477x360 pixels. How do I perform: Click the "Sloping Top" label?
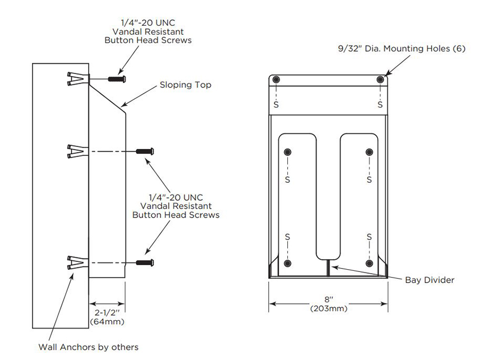coord(185,85)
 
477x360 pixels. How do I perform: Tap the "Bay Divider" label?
coord(429,280)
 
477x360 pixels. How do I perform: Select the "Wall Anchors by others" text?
coord(88,347)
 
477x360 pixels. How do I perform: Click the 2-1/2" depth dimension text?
coord(107,312)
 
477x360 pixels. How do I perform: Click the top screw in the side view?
coord(117,79)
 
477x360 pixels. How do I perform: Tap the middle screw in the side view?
coord(145,151)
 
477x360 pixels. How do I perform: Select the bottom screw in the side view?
coord(145,262)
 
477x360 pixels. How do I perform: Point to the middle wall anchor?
coord(76,151)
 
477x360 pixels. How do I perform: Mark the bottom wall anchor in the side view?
coord(76,262)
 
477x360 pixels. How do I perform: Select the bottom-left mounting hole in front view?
coord(288,262)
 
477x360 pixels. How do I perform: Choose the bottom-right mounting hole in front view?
coord(369,262)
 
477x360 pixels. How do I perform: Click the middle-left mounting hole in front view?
coord(288,152)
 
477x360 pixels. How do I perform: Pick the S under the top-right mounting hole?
coord(380,104)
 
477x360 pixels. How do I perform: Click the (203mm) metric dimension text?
coord(328,308)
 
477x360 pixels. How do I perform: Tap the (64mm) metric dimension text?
coord(107,322)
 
